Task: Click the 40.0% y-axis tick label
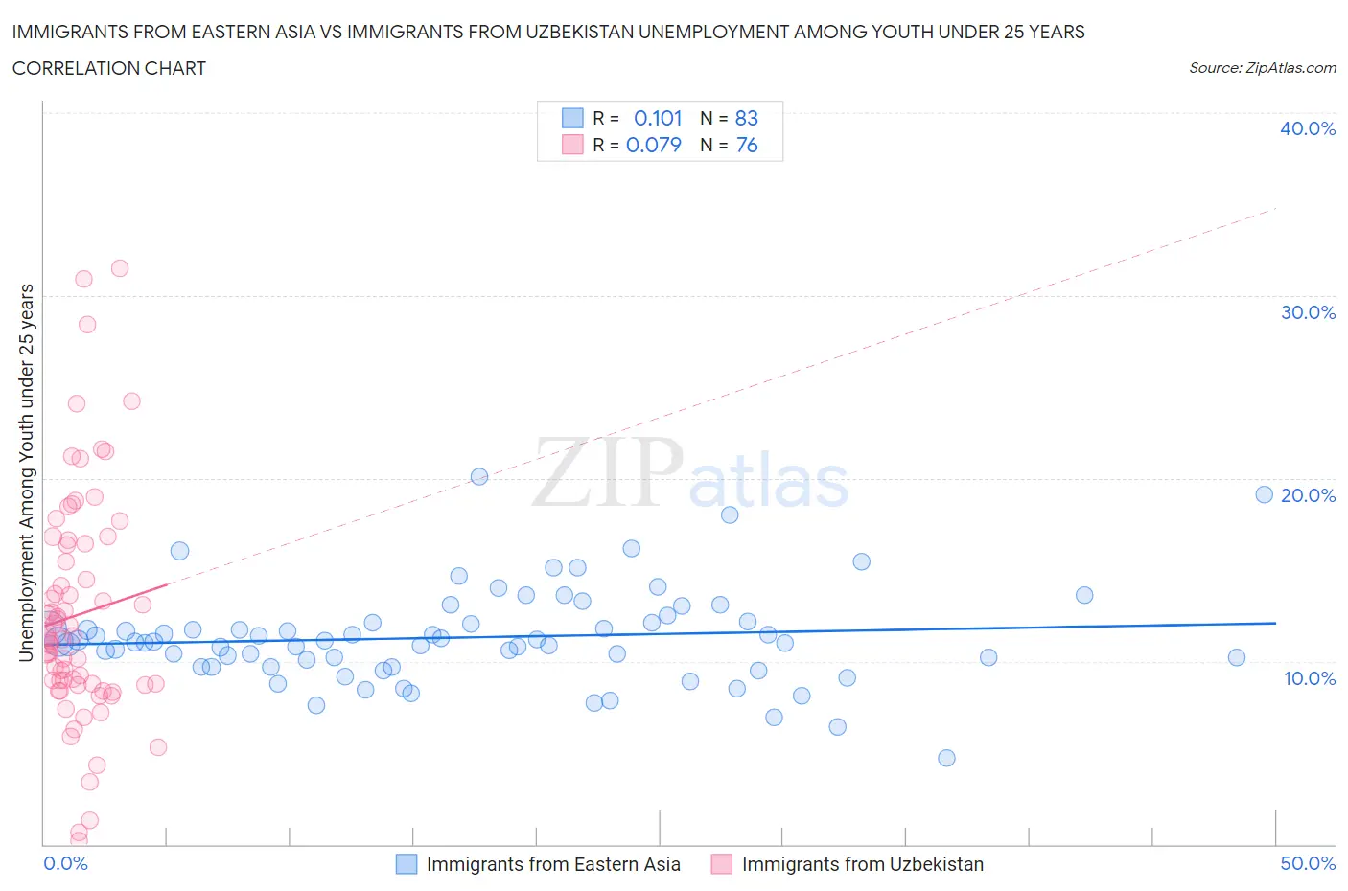pos(1307,128)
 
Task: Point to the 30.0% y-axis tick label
pos(1307,312)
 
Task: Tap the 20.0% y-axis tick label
pos(1307,495)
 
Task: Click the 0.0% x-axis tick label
pos(65,863)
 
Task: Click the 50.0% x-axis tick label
pos(1308,863)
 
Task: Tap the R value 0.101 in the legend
pos(658,118)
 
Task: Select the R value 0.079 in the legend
pos(654,145)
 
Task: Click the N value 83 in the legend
pos(746,118)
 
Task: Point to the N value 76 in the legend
pos(746,145)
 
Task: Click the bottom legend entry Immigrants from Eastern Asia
pos(552,864)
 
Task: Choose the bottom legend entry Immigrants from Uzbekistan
pos(862,864)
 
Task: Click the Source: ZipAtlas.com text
pos(1262,68)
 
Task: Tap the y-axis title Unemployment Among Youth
pos(27,472)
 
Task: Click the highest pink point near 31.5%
pos(120,268)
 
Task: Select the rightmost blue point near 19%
pos(1264,494)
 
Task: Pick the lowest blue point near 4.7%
pos(946,758)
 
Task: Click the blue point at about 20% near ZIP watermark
pos(479,476)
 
